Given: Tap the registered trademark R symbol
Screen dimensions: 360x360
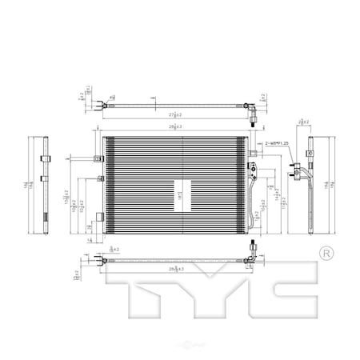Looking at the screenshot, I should (326, 253).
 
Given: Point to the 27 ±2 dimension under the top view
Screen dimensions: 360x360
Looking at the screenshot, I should (176, 115).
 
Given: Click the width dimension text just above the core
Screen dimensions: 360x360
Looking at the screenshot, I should (176, 127).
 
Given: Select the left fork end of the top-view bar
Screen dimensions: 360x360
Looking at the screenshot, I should (99, 104).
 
